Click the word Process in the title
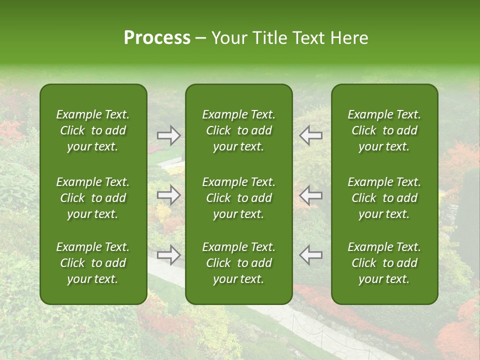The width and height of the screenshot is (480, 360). pos(157,38)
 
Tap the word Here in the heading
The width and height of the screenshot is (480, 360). pos(348,38)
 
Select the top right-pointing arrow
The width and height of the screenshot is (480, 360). pos(168,135)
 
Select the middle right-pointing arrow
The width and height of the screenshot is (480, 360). pos(168,195)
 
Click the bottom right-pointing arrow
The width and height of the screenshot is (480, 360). pos(168,255)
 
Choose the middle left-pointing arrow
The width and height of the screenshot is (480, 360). pos(311,195)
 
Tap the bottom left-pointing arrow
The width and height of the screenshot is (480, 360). pos(311,255)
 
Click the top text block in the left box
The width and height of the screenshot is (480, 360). pos(93,130)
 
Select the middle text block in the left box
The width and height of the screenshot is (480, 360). pos(93,198)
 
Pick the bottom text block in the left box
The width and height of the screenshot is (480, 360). pos(93,263)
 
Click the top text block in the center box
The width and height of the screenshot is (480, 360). pos(238,130)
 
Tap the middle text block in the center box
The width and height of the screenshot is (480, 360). pos(238,198)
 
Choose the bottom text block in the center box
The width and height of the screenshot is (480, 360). pos(238,263)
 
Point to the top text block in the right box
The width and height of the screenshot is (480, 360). pos(384,130)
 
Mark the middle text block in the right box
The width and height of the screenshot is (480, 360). pos(384,198)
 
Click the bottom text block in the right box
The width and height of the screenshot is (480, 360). pos(384,263)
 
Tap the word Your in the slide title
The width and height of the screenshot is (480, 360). pos(228,38)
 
